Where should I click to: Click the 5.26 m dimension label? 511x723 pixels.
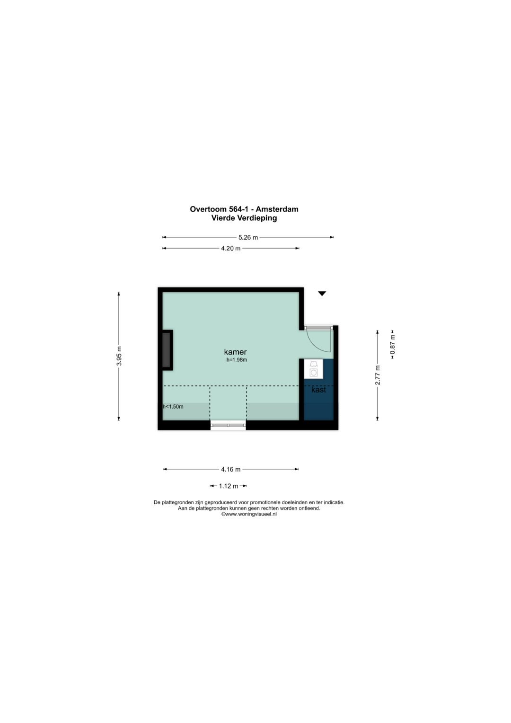point(248,238)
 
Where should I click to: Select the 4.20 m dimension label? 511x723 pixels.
point(231,249)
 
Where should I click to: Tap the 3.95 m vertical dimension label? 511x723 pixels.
point(119,356)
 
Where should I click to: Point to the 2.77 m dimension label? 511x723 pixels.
point(378,375)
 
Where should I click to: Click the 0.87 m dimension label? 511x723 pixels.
point(393,344)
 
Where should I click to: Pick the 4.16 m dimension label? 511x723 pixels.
point(231,469)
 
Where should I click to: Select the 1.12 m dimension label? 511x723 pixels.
point(229,486)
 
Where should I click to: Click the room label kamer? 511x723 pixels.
point(236,352)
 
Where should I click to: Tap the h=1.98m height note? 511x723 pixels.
point(237,360)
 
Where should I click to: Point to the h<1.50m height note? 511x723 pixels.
point(173,407)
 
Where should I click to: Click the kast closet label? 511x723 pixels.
point(319,390)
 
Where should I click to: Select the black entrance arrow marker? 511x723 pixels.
point(322,294)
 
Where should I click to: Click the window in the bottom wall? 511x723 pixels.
point(228,425)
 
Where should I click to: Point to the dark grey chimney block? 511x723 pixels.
point(167,350)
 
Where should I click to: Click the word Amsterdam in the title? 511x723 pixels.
point(277,209)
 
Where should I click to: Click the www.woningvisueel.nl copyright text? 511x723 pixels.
point(249,515)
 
